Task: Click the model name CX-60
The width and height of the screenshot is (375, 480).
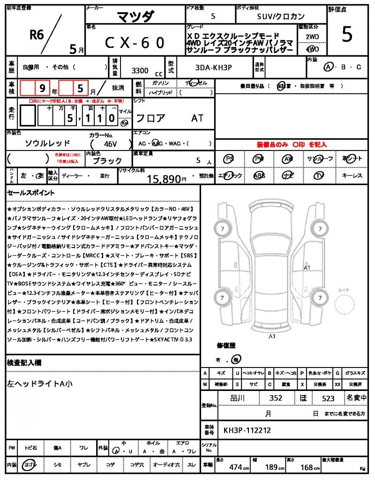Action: tap(135, 43)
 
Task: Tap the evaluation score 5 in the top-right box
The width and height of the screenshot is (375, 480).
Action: tap(347, 35)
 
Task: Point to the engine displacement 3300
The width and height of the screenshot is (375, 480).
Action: tap(140, 71)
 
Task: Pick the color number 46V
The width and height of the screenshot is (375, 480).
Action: tap(111, 144)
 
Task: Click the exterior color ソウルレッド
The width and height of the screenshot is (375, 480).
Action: tap(47, 143)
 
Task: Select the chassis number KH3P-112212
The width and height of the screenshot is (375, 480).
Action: tap(247, 430)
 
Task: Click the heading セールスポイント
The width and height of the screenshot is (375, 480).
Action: tap(31, 193)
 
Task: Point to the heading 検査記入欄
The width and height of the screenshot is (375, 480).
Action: tap(24, 362)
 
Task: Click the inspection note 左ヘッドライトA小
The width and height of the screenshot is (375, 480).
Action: tap(40, 383)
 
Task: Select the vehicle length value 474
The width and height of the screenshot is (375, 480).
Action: tap(235, 467)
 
